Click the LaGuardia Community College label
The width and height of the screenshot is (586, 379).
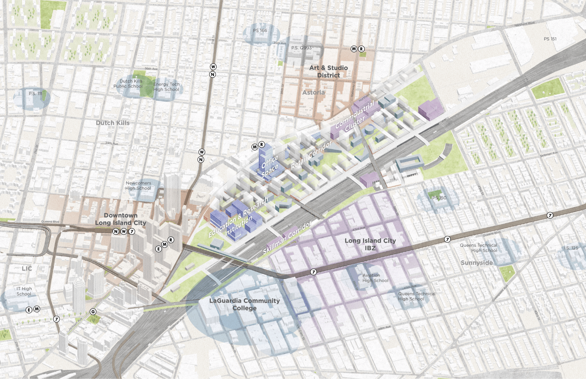pos(244,304)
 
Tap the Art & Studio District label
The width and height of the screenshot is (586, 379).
pos(328,71)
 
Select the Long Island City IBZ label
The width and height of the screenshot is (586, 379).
pos(370,244)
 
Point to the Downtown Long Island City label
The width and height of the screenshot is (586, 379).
pos(120,219)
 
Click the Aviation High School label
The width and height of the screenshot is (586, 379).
pos(375,278)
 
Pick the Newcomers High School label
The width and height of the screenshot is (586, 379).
pos(138,186)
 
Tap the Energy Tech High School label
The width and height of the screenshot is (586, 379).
pos(166,87)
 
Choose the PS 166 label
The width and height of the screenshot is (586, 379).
pos(260,31)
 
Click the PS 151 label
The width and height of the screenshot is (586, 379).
pos(550,39)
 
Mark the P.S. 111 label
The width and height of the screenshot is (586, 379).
pos(35,94)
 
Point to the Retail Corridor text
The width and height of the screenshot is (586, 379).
pos(311,155)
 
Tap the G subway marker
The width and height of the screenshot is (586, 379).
pos(93,312)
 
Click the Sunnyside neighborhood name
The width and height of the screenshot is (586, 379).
pos(477,263)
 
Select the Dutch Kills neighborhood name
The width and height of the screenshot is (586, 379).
pos(113,123)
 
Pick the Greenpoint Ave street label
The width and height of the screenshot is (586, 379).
pos(500,293)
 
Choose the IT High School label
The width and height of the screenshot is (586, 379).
pos(24,291)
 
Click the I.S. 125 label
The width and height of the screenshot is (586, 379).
pos(571,248)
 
